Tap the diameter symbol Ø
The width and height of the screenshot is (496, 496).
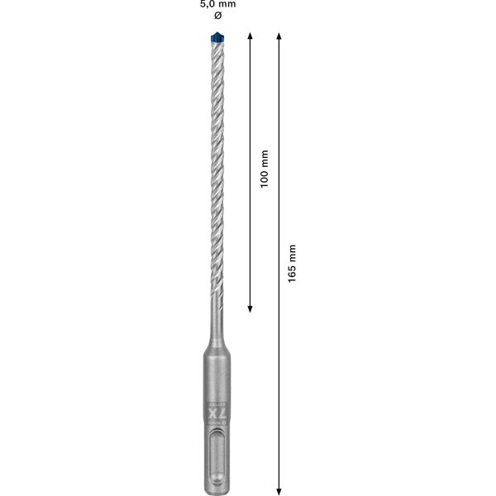[x=217, y=17]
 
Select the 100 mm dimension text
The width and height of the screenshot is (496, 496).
[x=265, y=169]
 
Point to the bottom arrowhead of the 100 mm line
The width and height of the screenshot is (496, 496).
[x=250, y=308]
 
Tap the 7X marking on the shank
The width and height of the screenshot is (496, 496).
[x=217, y=411]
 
